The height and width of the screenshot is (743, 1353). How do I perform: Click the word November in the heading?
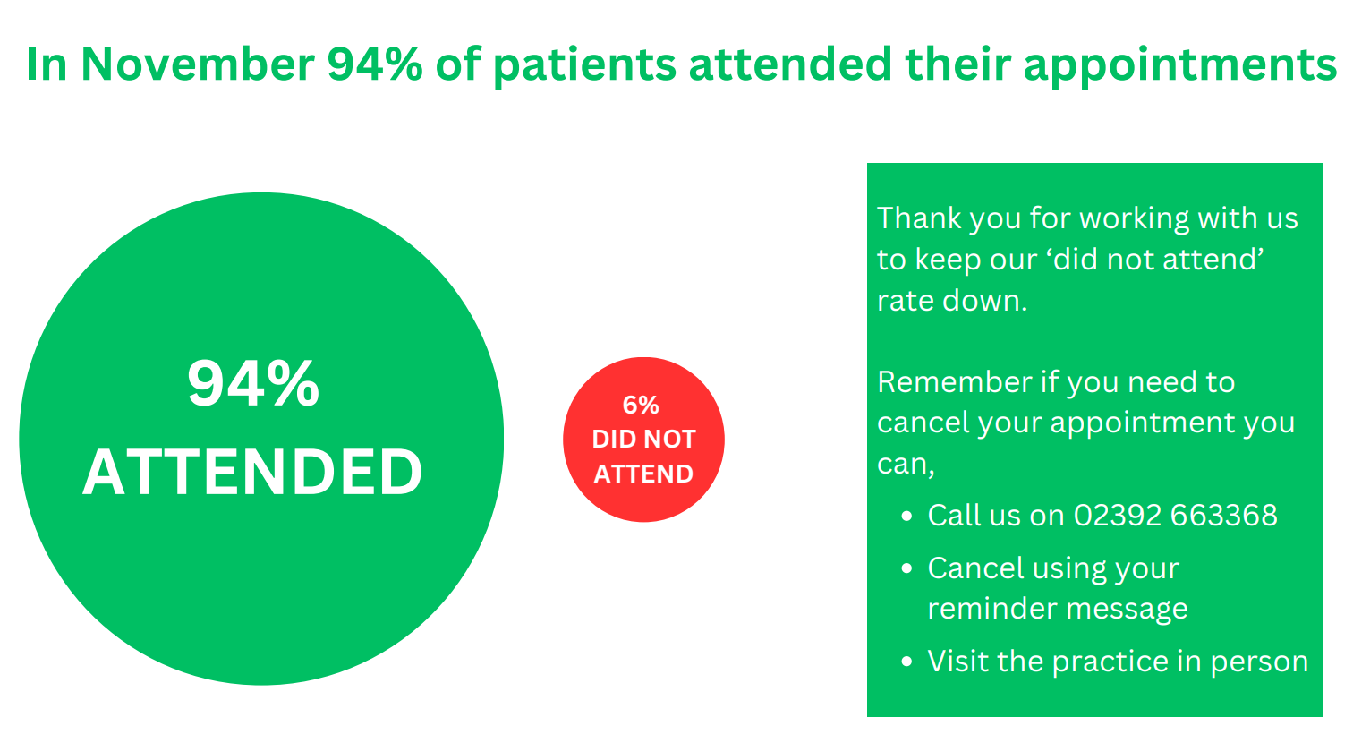[198, 64]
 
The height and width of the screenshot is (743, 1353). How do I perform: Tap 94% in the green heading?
[374, 64]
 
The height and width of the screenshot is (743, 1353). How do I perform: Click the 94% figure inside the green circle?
[253, 383]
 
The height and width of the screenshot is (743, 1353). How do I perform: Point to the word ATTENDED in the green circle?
[252, 472]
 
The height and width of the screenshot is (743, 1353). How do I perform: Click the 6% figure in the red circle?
[641, 405]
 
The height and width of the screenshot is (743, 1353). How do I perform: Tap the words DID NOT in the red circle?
[644, 440]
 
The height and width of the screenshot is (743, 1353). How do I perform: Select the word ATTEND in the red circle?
[643, 474]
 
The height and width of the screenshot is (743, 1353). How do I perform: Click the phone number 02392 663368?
[1176, 516]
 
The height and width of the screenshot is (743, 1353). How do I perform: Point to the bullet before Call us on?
[906, 516]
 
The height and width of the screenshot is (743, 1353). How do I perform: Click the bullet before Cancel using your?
[906, 568]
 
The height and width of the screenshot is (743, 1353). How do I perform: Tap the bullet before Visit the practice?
[906, 662]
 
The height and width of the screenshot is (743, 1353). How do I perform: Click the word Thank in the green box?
[918, 218]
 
